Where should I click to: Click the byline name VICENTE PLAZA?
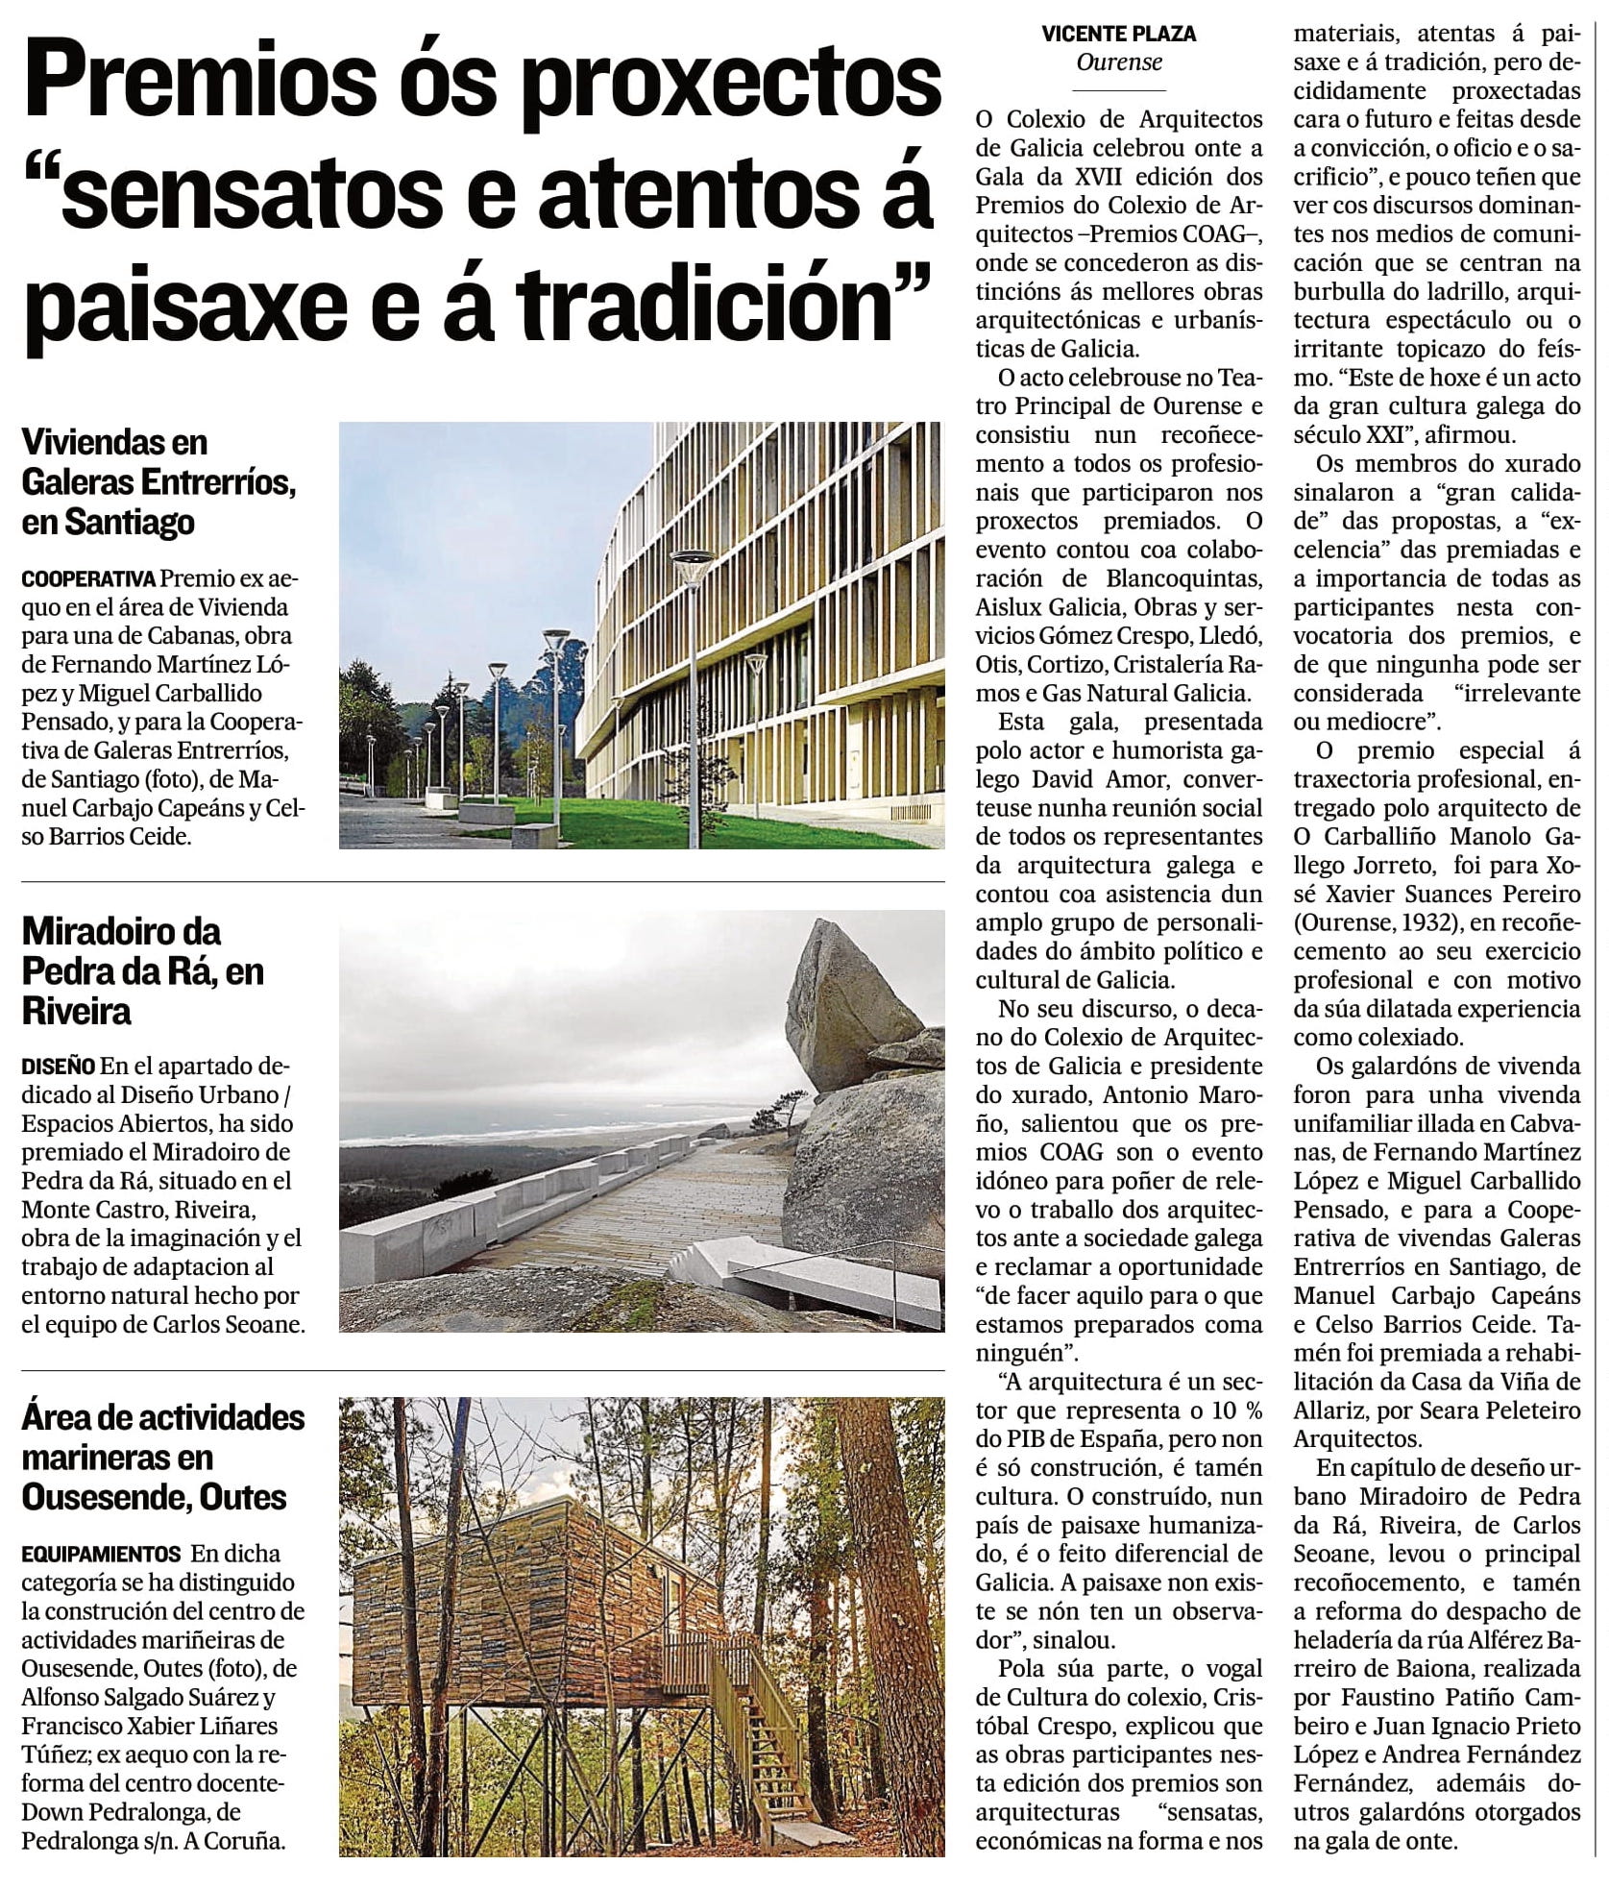pos(1119,35)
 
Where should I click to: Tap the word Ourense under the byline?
pos(1119,62)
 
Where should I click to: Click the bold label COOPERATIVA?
pos(88,579)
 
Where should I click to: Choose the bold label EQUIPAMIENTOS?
pos(101,1554)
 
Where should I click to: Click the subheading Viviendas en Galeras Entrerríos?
pos(158,482)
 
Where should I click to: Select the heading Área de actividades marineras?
pos(162,1457)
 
